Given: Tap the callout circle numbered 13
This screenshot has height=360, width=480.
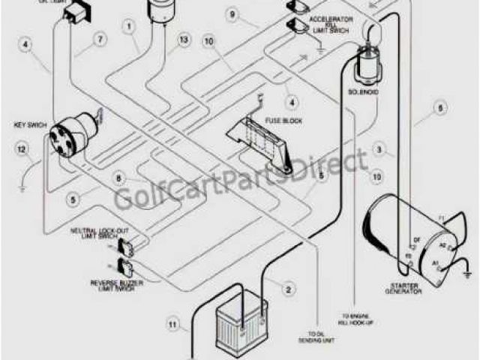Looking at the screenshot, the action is pyautogui.click(x=184, y=39).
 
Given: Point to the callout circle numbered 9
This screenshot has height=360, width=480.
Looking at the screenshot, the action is pyautogui.click(x=232, y=15).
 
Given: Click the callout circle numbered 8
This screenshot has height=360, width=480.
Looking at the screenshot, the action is pyautogui.click(x=118, y=178).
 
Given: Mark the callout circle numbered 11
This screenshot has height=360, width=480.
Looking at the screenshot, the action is pyautogui.click(x=172, y=325).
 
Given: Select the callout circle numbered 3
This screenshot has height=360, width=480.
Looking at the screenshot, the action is pyautogui.click(x=381, y=151).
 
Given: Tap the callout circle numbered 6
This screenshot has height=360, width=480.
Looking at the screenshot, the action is pyautogui.click(x=442, y=109).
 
